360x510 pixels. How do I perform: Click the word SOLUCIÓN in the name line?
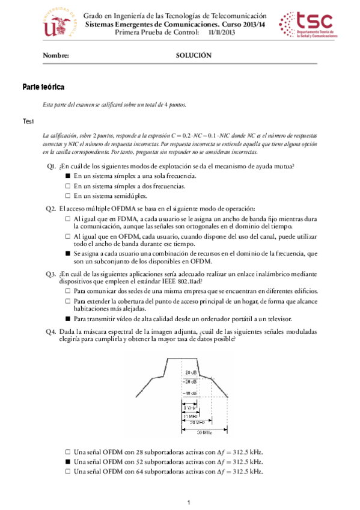pos(194,55)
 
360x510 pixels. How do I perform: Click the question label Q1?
pos(50,166)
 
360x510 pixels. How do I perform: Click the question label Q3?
pos(50,274)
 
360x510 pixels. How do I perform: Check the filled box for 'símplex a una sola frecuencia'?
pos(68,176)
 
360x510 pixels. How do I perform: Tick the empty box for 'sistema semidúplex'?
pos(68,195)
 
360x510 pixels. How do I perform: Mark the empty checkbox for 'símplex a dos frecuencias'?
pos(68,186)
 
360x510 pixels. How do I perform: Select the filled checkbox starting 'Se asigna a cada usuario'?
pos(68,254)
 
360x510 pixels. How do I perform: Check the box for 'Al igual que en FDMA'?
pos(68,220)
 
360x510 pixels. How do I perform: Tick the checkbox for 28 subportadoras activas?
pos(68,452)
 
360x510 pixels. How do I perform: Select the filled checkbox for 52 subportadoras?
pos(68,461)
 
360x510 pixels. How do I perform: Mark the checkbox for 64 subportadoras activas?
pos(68,472)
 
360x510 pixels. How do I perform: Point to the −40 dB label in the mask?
pos(192,393)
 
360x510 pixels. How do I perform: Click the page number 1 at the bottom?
pos(188,502)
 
